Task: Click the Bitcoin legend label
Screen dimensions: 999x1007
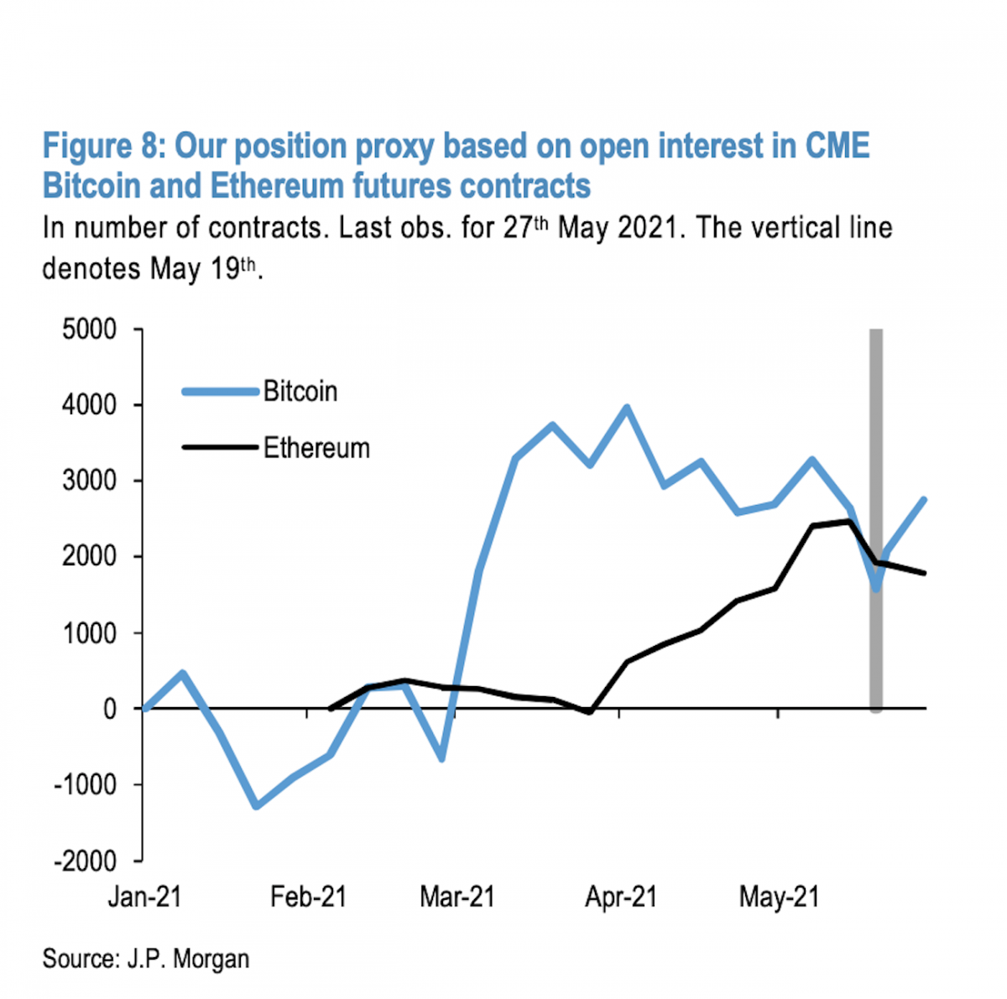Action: (300, 392)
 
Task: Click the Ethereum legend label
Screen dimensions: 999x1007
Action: (316, 448)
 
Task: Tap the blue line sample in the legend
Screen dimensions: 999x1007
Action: (220, 392)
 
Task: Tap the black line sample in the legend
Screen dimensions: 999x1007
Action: (220, 448)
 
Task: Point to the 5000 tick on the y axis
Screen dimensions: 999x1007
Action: (89, 330)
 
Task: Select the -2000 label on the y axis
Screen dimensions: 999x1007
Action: (85, 861)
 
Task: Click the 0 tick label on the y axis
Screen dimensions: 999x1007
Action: (109, 710)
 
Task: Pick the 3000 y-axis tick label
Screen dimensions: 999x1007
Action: (89, 481)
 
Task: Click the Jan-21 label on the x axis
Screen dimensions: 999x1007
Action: (144, 898)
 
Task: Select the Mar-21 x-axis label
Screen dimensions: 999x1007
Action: (457, 898)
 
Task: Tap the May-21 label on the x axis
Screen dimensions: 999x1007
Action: (779, 898)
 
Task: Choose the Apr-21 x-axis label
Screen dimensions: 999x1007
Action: (620, 898)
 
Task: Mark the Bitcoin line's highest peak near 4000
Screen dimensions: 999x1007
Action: (626, 408)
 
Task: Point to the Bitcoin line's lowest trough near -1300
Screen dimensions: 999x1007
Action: (256, 806)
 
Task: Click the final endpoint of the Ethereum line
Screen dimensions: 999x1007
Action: (924, 573)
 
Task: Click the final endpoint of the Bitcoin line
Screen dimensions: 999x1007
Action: (924, 500)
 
